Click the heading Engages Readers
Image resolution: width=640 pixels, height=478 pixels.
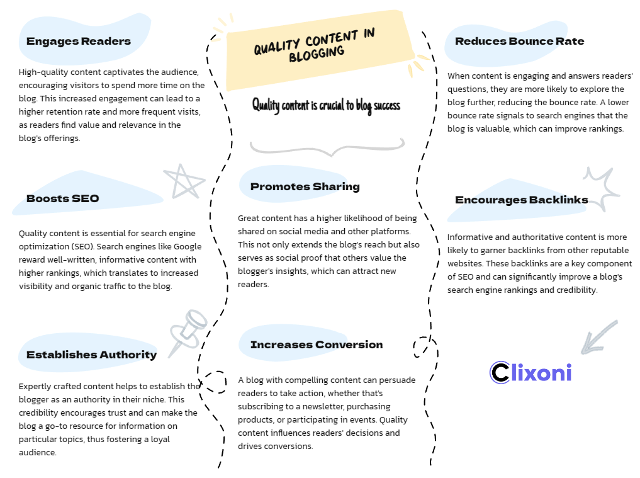[78, 42]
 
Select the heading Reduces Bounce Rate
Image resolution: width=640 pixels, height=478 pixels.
[519, 42]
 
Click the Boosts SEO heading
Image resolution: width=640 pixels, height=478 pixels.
[63, 198]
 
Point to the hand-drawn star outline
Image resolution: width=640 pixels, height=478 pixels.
[183, 181]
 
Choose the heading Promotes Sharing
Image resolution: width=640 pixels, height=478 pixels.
[305, 186]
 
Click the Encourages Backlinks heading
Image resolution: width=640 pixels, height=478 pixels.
[521, 200]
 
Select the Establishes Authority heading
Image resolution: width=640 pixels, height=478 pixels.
[91, 355]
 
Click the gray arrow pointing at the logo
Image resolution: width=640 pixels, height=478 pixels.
[598, 337]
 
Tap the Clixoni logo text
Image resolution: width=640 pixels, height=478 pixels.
[531, 372]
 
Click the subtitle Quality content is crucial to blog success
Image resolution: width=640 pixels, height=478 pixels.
[326, 105]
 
